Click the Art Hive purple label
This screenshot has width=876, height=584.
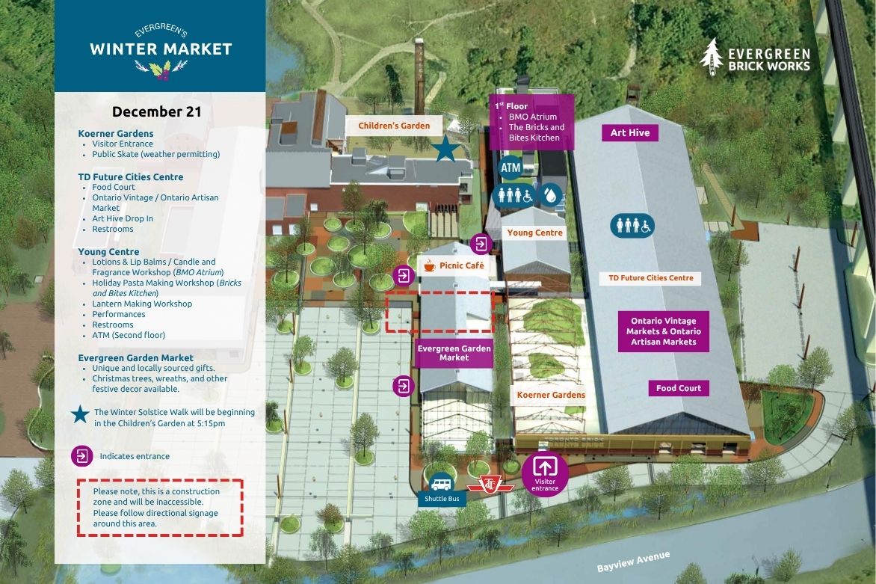pyautogui.click(x=630, y=133)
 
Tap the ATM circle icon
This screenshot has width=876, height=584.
pyautogui.click(x=510, y=168)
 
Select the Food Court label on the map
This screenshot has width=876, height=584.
pyautogui.click(x=679, y=388)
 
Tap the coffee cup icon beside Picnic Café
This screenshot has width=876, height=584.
pyautogui.click(x=429, y=265)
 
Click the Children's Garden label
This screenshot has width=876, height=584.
pyautogui.click(x=394, y=126)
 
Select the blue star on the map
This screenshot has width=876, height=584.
pyautogui.click(x=446, y=149)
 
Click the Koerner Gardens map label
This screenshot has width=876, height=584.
pyautogui.click(x=551, y=395)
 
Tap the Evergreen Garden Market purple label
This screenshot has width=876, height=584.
pyautogui.click(x=454, y=353)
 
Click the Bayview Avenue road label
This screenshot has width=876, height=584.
pyautogui.click(x=633, y=562)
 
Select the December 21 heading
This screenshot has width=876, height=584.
pyautogui.click(x=157, y=112)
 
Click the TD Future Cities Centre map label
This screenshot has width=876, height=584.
pyautogui.click(x=650, y=278)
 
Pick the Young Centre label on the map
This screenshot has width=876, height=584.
pyautogui.click(x=535, y=233)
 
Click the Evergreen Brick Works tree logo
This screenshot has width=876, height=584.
pyautogui.click(x=713, y=56)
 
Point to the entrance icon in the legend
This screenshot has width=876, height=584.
pyautogui.click(x=81, y=455)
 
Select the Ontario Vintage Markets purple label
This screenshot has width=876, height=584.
pyautogui.click(x=664, y=331)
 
